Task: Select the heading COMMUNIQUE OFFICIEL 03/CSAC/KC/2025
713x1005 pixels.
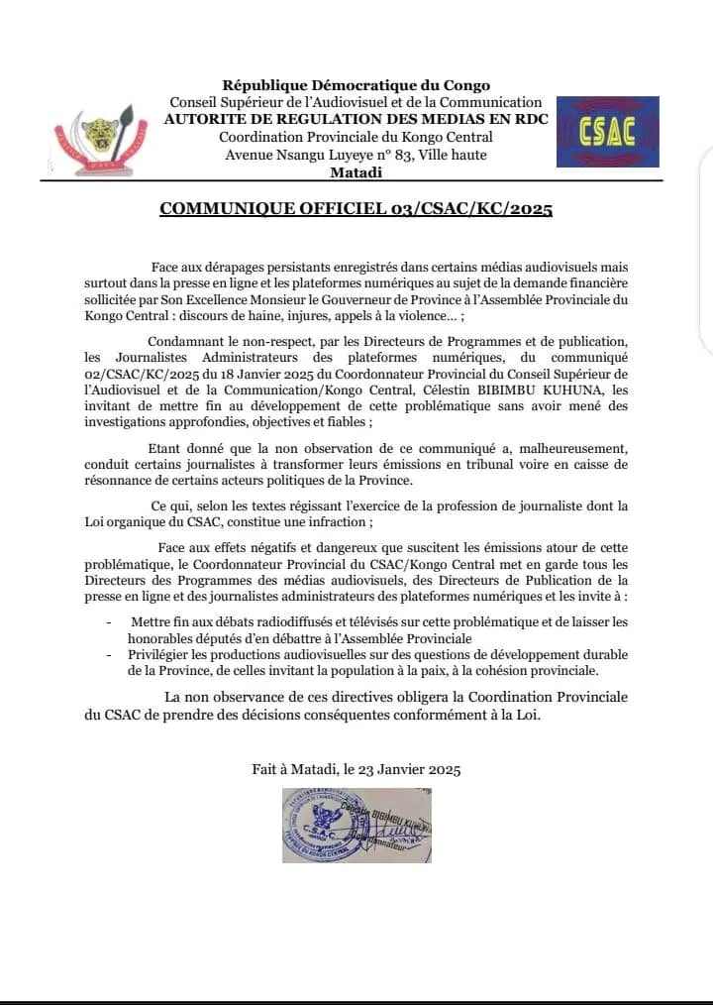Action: pyautogui.click(x=356, y=209)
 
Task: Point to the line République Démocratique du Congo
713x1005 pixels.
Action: pyautogui.click(x=356, y=86)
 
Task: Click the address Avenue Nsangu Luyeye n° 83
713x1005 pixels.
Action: pyautogui.click(x=304, y=155)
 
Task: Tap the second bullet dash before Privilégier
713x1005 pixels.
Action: pyautogui.click(x=108, y=656)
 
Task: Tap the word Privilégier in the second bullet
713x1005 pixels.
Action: pyautogui.click(x=164, y=655)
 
